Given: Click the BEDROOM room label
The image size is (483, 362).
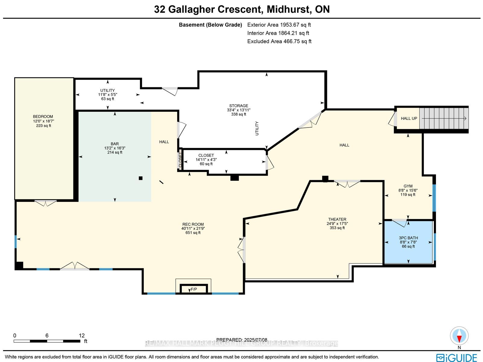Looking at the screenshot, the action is [43, 116].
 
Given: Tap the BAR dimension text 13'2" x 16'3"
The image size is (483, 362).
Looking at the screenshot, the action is [115, 148].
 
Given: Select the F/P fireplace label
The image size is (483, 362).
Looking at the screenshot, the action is [194, 289].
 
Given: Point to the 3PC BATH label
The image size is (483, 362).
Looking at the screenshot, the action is [408, 238].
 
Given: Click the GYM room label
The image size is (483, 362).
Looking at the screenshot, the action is [408, 186].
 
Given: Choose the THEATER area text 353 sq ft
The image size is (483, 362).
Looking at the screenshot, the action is [337, 228].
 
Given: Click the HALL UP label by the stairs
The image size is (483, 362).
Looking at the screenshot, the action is [409, 118].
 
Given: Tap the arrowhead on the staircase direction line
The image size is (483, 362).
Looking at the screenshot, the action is [465, 118].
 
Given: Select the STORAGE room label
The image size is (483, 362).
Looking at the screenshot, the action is [238, 106].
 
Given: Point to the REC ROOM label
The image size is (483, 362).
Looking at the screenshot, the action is [193, 224].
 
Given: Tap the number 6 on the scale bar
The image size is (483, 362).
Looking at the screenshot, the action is [47, 335].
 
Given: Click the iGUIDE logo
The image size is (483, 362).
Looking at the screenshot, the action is [457, 358].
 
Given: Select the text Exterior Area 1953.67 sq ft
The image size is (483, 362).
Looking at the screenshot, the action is [279, 25].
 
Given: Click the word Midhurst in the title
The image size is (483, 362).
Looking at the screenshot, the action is [289, 9].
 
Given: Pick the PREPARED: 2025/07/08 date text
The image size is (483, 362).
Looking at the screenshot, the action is [241, 340].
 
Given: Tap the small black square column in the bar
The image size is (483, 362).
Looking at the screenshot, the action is [141, 178].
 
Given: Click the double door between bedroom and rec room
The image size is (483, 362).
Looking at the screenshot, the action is [46, 203].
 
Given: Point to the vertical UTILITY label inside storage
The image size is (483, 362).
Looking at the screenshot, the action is [257, 128].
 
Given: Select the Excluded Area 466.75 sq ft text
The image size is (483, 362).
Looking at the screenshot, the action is [279, 41].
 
